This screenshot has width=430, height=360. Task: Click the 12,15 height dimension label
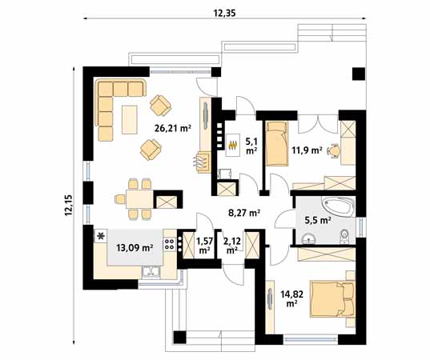coord(69,207)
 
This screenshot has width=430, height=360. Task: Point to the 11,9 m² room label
coord(307,150)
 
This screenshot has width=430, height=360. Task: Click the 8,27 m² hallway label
coord(243,213)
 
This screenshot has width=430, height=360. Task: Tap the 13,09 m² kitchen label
coord(135,248)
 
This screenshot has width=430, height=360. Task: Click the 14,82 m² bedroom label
coord(289,299)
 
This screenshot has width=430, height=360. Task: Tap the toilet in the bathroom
coord(344,235)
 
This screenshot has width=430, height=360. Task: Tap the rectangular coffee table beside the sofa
coord(130,119)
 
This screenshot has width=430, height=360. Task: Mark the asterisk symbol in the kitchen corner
coord(102,236)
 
